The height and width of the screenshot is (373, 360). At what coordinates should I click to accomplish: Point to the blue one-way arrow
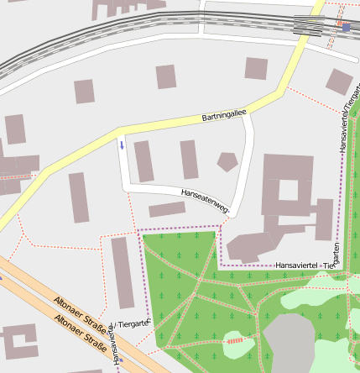(x=122, y=145)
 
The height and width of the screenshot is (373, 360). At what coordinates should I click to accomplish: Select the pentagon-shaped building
(x=227, y=161)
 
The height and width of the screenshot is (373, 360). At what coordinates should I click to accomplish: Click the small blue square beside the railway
(x=346, y=28)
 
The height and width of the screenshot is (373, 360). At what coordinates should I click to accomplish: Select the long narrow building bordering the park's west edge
(x=123, y=272)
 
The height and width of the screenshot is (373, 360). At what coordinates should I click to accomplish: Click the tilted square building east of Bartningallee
(x=339, y=81)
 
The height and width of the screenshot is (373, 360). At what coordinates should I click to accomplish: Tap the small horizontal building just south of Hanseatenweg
(x=167, y=209)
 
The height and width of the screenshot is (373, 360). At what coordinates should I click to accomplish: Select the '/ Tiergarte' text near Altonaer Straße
(x=133, y=323)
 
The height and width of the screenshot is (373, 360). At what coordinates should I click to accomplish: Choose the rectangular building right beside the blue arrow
(x=143, y=160)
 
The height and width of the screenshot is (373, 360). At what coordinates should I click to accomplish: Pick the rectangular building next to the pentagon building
(x=189, y=160)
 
